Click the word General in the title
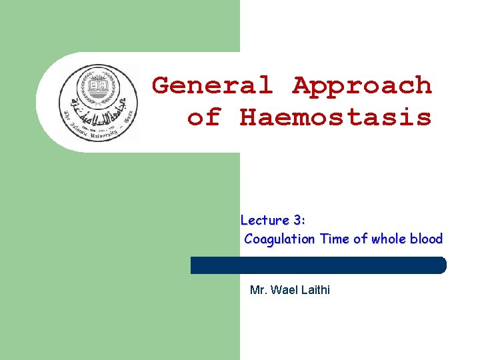(213, 85)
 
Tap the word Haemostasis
(335, 117)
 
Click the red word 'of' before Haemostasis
(204, 117)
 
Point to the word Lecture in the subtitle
(265, 220)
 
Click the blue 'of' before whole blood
(360, 239)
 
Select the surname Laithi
(315, 290)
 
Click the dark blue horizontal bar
(318, 265)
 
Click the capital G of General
(161, 85)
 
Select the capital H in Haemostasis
(248, 117)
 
